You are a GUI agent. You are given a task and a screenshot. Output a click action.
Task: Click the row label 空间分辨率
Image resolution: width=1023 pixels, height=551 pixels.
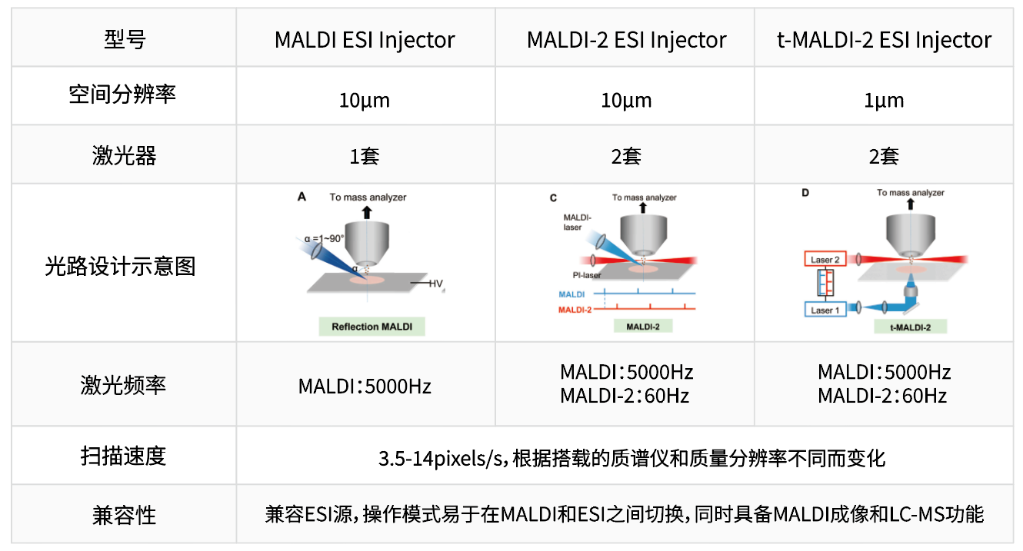(x=122, y=95)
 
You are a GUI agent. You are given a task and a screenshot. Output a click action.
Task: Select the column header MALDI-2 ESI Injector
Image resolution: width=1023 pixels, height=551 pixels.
(x=626, y=40)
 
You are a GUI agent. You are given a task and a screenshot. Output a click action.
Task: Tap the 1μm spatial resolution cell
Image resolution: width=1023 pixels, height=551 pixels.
(x=884, y=101)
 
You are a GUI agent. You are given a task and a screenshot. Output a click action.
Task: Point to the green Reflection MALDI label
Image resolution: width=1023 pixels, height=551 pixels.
(x=372, y=327)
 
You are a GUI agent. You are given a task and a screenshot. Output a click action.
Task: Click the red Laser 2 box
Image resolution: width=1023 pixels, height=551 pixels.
(x=825, y=260)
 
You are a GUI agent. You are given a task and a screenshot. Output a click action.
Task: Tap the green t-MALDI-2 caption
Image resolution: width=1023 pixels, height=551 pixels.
(x=911, y=327)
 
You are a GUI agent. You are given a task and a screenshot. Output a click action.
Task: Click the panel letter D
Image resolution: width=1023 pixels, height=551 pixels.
(x=805, y=193)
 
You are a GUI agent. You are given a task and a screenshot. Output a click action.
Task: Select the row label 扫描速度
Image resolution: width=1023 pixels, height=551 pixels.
(x=123, y=456)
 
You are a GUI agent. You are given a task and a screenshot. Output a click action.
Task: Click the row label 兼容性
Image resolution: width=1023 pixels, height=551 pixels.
(x=123, y=514)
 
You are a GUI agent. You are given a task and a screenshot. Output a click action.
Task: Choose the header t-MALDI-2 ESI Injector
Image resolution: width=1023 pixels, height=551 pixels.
(x=884, y=40)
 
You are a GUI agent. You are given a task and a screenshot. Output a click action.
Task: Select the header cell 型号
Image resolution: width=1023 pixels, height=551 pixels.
(x=124, y=40)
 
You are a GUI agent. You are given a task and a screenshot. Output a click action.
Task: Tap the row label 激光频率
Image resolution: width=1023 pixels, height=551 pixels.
(x=123, y=384)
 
